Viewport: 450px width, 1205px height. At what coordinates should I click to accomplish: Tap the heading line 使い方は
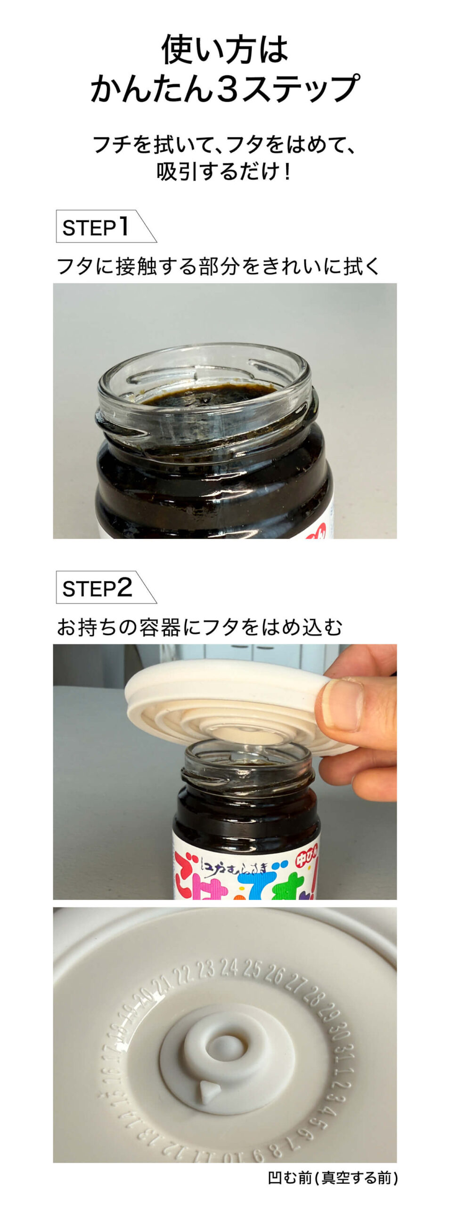click(224, 49)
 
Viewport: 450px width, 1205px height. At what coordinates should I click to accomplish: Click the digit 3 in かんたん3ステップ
click(228, 88)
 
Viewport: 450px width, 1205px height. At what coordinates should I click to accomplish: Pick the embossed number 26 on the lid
click(276, 975)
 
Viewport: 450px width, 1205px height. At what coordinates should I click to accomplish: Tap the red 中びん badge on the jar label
click(307, 860)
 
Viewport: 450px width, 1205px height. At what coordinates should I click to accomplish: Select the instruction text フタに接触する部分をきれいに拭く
click(218, 266)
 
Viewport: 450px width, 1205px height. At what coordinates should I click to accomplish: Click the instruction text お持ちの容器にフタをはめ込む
click(199, 627)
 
